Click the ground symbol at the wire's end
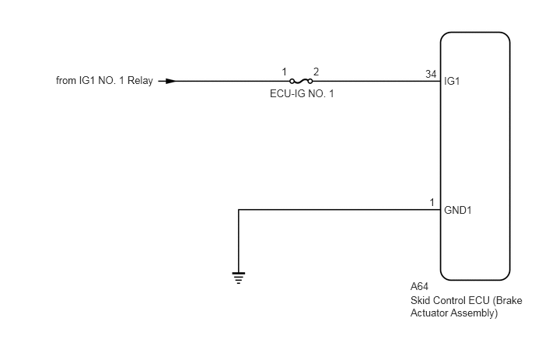click(239, 278)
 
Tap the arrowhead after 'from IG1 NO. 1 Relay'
click(170, 81)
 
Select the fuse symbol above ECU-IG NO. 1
click(301, 81)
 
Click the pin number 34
click(431, 74)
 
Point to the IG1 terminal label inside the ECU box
click(452, 81)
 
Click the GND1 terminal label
click(458, 210)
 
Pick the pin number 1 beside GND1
click(432, 203)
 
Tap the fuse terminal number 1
click(284, 72)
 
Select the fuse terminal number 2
click(316, 72)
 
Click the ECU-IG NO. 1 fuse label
click(302, 94)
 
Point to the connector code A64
click(419, 286)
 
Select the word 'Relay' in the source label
click(140, 81)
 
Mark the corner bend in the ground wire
click(239, 210)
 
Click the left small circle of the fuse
click(292, 81)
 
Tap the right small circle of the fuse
click(310, 81)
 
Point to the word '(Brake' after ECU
click(507, 301)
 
